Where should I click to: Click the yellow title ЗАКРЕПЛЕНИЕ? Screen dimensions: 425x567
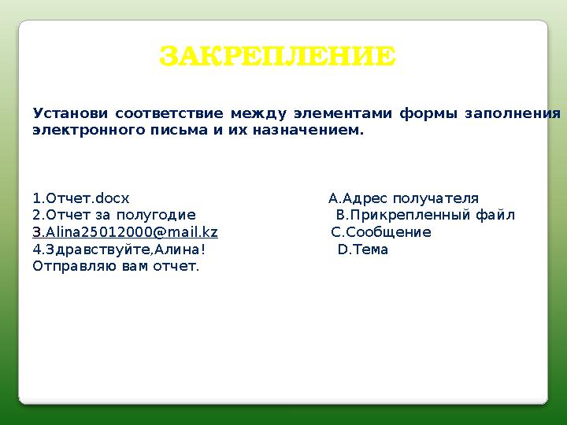[278, 57]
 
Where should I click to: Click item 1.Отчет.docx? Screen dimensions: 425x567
[81, 198]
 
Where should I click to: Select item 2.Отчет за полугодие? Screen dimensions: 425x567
[114, 215]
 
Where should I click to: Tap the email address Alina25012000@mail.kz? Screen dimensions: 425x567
[130, 232]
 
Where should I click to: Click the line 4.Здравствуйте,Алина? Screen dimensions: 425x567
[119, 249]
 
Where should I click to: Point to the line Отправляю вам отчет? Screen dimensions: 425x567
[116, 266]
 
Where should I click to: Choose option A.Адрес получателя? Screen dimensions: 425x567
[403, 198]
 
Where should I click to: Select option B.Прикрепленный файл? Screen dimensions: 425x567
[425, 215]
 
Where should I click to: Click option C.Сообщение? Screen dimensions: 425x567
[381, 232]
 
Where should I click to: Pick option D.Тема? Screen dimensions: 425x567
[363, 249]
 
